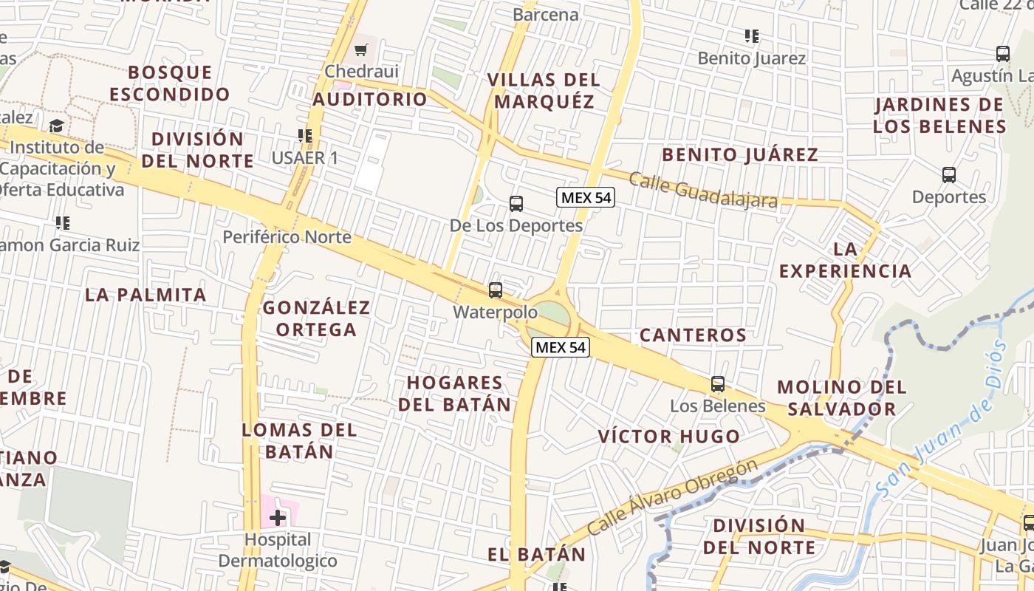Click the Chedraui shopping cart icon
tap(361, 50)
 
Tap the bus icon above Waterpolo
tap(496, 290)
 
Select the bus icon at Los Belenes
tap(718, 384)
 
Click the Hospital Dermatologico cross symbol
tap(278, 519)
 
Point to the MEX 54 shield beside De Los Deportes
tap(586, 197)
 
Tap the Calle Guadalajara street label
tap(703, 190)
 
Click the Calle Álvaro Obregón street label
tap(674, 497)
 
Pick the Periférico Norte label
tap(287, 237)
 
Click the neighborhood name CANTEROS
tap(693, 335)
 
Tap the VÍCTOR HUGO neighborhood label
tap(669, 437)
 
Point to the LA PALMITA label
tap(145, 295)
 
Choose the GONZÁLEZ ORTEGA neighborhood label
tap(317, 318)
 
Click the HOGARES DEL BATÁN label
tap(455, 393)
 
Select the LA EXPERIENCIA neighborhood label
tap(845, 260)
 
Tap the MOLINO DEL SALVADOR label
tap(842, 397)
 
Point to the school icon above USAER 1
tap(305, 136)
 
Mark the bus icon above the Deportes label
tap(949, 175)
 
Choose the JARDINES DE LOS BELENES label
tap(939, 115)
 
